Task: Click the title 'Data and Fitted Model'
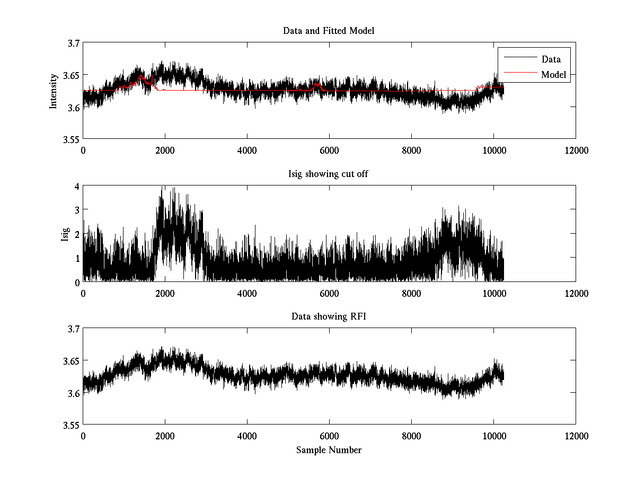click(329, 31)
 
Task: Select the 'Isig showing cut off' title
click(329, 174)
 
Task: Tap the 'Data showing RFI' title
click(329, 316)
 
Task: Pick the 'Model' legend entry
click(553, 75)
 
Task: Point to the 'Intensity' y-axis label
click(53, 91)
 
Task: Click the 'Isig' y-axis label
click(65, 234)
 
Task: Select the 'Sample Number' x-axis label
click(329, 450)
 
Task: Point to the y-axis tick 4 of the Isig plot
click(77, 186)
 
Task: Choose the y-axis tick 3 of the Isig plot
click(77, 210)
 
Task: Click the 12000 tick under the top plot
click(576, 150)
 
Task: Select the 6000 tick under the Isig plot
click(329, 293)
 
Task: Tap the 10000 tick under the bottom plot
click(493, 436)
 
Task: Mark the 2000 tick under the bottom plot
click(165, 436)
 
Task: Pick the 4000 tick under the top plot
click(247, 150)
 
